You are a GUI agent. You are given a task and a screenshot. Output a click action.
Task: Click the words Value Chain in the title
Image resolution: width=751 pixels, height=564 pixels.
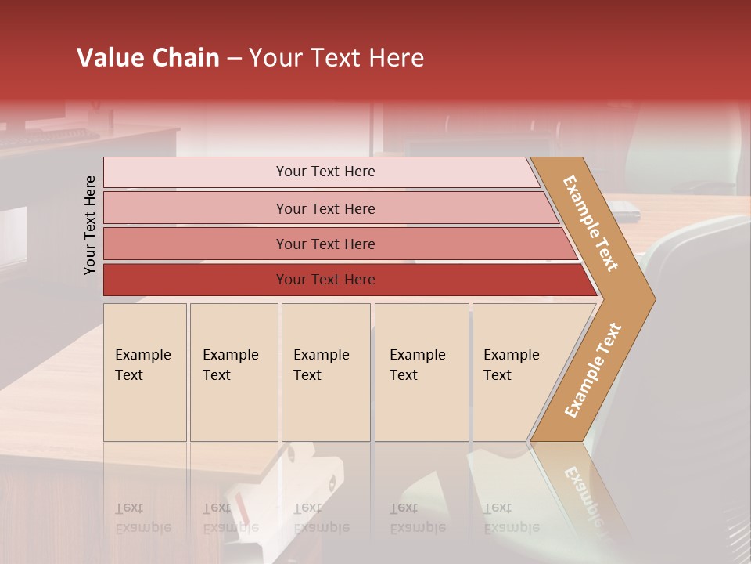coord(148,58)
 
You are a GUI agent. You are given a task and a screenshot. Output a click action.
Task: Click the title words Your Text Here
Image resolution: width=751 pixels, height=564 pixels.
coord(336,58)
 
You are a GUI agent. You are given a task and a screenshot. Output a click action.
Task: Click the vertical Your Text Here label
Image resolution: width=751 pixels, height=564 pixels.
coord(90,225)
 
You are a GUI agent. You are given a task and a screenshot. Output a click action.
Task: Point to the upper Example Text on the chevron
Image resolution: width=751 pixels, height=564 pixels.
coord(591,223)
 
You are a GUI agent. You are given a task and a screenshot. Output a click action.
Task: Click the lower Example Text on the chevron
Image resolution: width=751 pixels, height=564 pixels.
coord(593,370)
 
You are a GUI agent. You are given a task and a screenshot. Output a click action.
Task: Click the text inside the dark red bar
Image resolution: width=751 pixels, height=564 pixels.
coord(325,280)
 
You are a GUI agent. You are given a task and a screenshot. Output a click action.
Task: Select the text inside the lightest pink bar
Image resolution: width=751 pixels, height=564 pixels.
coord(325,172)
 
